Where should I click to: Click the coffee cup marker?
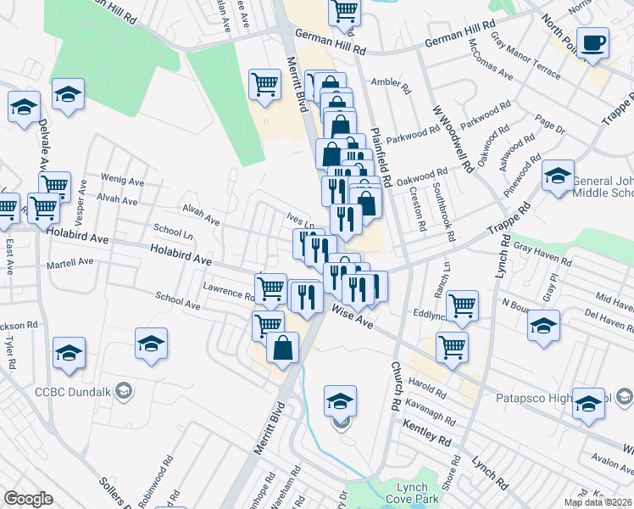[592, 42]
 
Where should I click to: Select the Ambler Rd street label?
[390, 86]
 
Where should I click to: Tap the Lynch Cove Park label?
[418, 493]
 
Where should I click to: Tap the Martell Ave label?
[70, 262]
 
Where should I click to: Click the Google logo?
[28, 499]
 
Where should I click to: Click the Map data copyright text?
[598, 502]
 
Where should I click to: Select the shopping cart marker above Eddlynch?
[462, 305]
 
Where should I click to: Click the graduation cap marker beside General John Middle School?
[558, 176]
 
